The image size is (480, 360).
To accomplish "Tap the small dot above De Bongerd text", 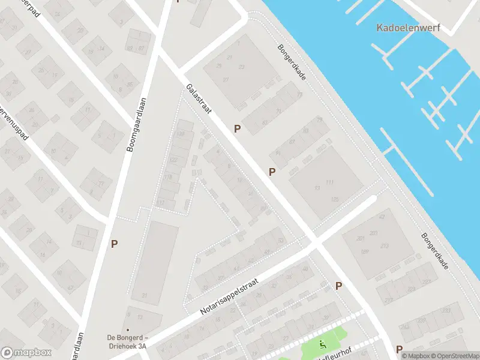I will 128,314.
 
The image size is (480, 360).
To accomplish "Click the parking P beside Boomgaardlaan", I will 114,244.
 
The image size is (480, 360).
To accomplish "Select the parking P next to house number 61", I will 238,128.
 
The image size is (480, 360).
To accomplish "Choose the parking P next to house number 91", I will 272,172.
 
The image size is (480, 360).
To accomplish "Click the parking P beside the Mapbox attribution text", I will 400,349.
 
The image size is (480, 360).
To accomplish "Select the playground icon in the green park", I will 323,344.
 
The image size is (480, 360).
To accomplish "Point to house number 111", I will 329,182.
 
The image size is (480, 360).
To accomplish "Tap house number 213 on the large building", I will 384,245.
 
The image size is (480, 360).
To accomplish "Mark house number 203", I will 374,233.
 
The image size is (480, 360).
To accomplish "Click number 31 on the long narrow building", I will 144,295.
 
